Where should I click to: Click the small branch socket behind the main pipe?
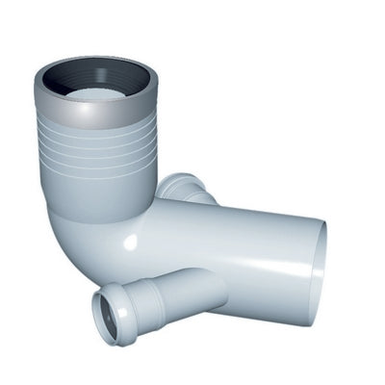click(x=185, y=188)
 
